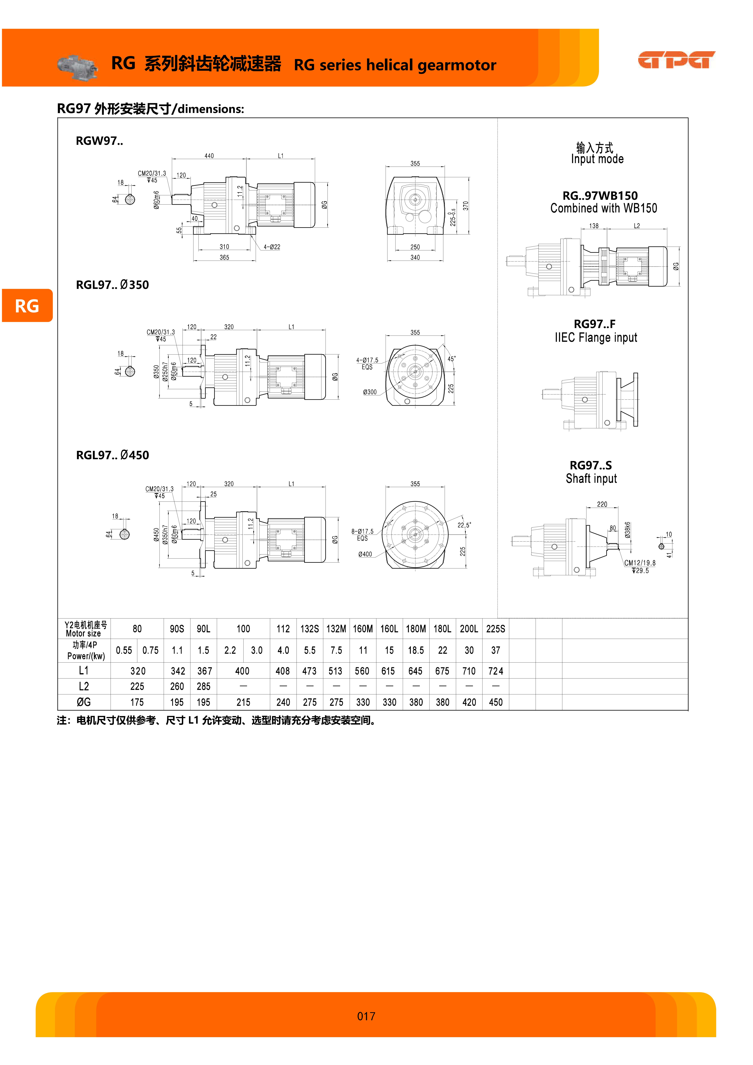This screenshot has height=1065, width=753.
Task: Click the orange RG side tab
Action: [27, 306]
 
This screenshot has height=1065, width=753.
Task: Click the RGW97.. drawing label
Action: [99, 141]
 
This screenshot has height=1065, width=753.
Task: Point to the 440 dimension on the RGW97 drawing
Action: [209, 156]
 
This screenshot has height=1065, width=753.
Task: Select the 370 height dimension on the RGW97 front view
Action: [465, 205]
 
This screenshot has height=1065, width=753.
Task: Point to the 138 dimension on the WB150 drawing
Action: [594, 226]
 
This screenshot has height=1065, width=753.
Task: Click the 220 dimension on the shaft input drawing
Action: [602, 504]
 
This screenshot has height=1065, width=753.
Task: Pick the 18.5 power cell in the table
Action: [416, 650]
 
